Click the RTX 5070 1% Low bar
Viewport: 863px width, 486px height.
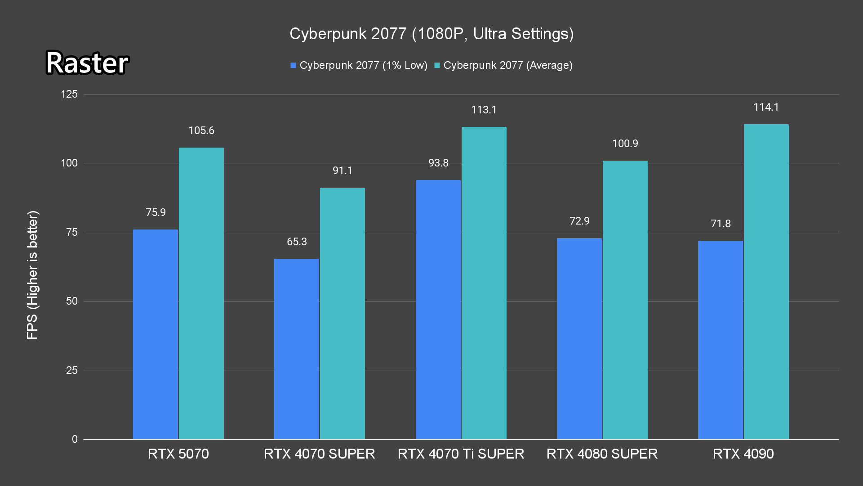156,334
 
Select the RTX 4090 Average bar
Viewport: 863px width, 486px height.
766,282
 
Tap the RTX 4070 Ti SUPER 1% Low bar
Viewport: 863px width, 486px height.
438,310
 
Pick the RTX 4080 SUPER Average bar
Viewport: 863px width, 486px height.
625,300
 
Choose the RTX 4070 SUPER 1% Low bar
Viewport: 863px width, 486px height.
297,349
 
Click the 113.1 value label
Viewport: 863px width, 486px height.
484,110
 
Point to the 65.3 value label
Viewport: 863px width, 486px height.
297,242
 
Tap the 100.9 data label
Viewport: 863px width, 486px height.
625,144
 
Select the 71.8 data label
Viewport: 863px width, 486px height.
721,224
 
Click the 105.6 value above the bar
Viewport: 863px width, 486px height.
201,130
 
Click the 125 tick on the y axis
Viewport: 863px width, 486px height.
69,94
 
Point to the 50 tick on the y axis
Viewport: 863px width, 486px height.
72,301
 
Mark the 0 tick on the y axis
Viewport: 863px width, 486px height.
75,439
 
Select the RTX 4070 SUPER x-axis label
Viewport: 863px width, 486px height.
319,454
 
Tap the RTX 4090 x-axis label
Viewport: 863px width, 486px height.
743,454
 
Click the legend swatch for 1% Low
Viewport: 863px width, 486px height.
294,66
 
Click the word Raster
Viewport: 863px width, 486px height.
87,63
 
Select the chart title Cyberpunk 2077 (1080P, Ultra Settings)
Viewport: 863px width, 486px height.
431,34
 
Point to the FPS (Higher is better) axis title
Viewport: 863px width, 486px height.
32,274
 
